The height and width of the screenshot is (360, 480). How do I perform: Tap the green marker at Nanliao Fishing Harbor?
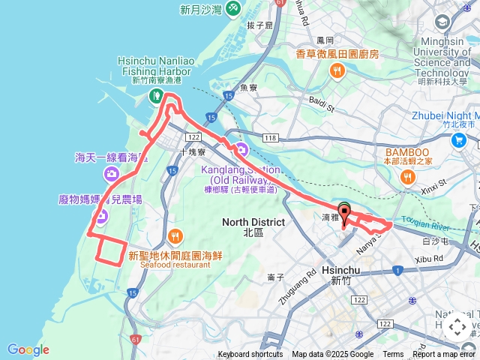pos(156,94)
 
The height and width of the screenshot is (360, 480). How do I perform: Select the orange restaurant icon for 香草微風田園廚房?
pos(337,71)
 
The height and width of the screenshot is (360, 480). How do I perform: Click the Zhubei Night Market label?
pos(445,115)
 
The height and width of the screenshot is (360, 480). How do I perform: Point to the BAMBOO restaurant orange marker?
pos(408,177)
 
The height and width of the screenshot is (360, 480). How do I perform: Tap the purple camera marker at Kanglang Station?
pos(241,149)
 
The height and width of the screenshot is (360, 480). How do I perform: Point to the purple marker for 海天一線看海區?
pos(112,175)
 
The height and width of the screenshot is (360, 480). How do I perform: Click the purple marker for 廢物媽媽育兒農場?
pos(100,217)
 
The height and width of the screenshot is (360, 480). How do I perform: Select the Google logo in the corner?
pos(28,349)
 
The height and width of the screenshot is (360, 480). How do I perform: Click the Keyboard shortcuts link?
pos(250,355)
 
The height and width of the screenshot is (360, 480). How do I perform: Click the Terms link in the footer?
pos(393,355)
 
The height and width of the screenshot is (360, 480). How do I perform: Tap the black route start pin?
pos(344,211)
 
